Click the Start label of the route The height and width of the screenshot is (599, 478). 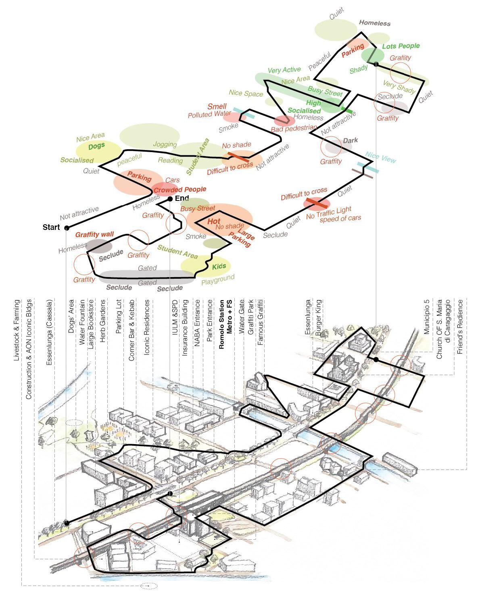(x=51, y=227)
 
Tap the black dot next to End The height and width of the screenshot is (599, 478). (x=170, y=199)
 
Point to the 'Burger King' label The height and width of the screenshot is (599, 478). (x=318, y=318)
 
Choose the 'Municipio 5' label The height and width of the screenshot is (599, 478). (x=426, y=317)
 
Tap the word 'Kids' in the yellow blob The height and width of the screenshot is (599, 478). (x=219, y=267)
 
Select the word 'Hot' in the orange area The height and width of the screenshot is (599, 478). (x=214, y=221)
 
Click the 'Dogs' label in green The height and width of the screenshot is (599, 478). (x=96, y=146)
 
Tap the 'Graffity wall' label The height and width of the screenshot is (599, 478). (x=94, y=234)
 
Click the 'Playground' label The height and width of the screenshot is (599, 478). (x=218, y=280)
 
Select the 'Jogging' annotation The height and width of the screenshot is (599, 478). (x=165, y=144)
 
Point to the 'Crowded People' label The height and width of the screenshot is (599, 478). (x=180, y=189)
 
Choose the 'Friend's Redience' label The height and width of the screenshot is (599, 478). (x=459, y=327)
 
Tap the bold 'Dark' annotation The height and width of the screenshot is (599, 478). (x=350, y=141)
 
